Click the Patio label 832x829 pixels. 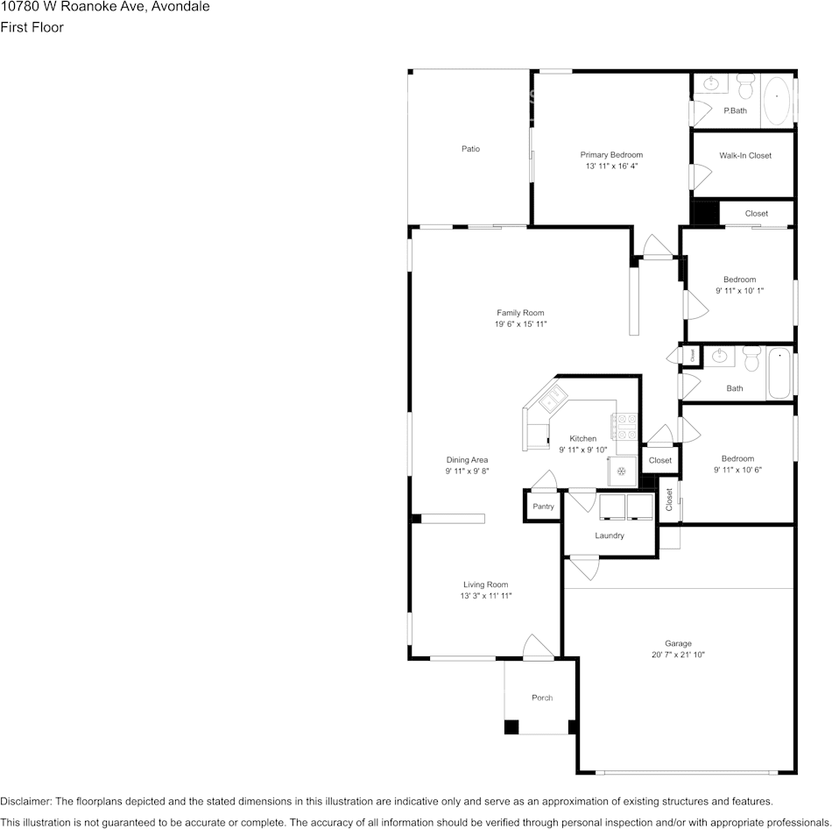click(470, 149)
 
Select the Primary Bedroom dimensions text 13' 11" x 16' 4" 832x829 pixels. click(611, 166)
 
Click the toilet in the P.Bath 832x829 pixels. click(745, 86)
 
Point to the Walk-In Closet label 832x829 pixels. click(745, 156)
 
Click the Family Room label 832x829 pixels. click(520, 313)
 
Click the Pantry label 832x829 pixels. click(543, 507)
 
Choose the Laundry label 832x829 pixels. click(609, 535)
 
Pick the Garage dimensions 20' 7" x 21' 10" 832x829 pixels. click(678, 655)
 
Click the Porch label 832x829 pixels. click(542, 698)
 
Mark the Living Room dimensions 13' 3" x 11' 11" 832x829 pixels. click(485, 596)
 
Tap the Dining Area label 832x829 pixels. click(467, 460)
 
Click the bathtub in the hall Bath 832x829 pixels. click(779, 374)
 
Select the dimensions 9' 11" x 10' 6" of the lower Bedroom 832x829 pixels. click(737, 470)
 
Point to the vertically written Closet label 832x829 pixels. click(669, 500)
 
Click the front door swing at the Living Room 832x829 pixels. click(537, 646)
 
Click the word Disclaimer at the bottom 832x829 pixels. click(25, 801)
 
